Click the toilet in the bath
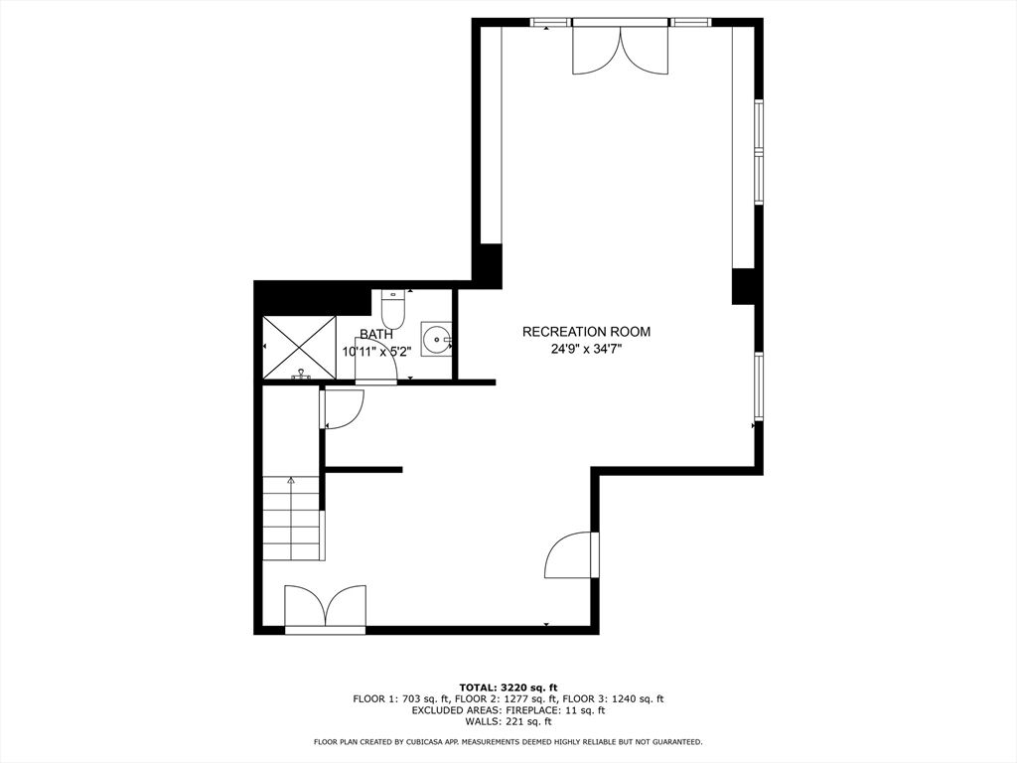(392, 310)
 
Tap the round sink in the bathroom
(436, 339)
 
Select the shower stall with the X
(299, 347)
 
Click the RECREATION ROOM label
(586, 332)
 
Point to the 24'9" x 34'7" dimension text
(586, 349)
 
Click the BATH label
(376, 335)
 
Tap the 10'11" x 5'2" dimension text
(376, 352)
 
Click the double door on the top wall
(620, 50)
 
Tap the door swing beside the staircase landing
(342, 408)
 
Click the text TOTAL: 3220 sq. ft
(508, 687)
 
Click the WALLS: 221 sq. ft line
(508, 721)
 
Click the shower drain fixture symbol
(300, 374)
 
